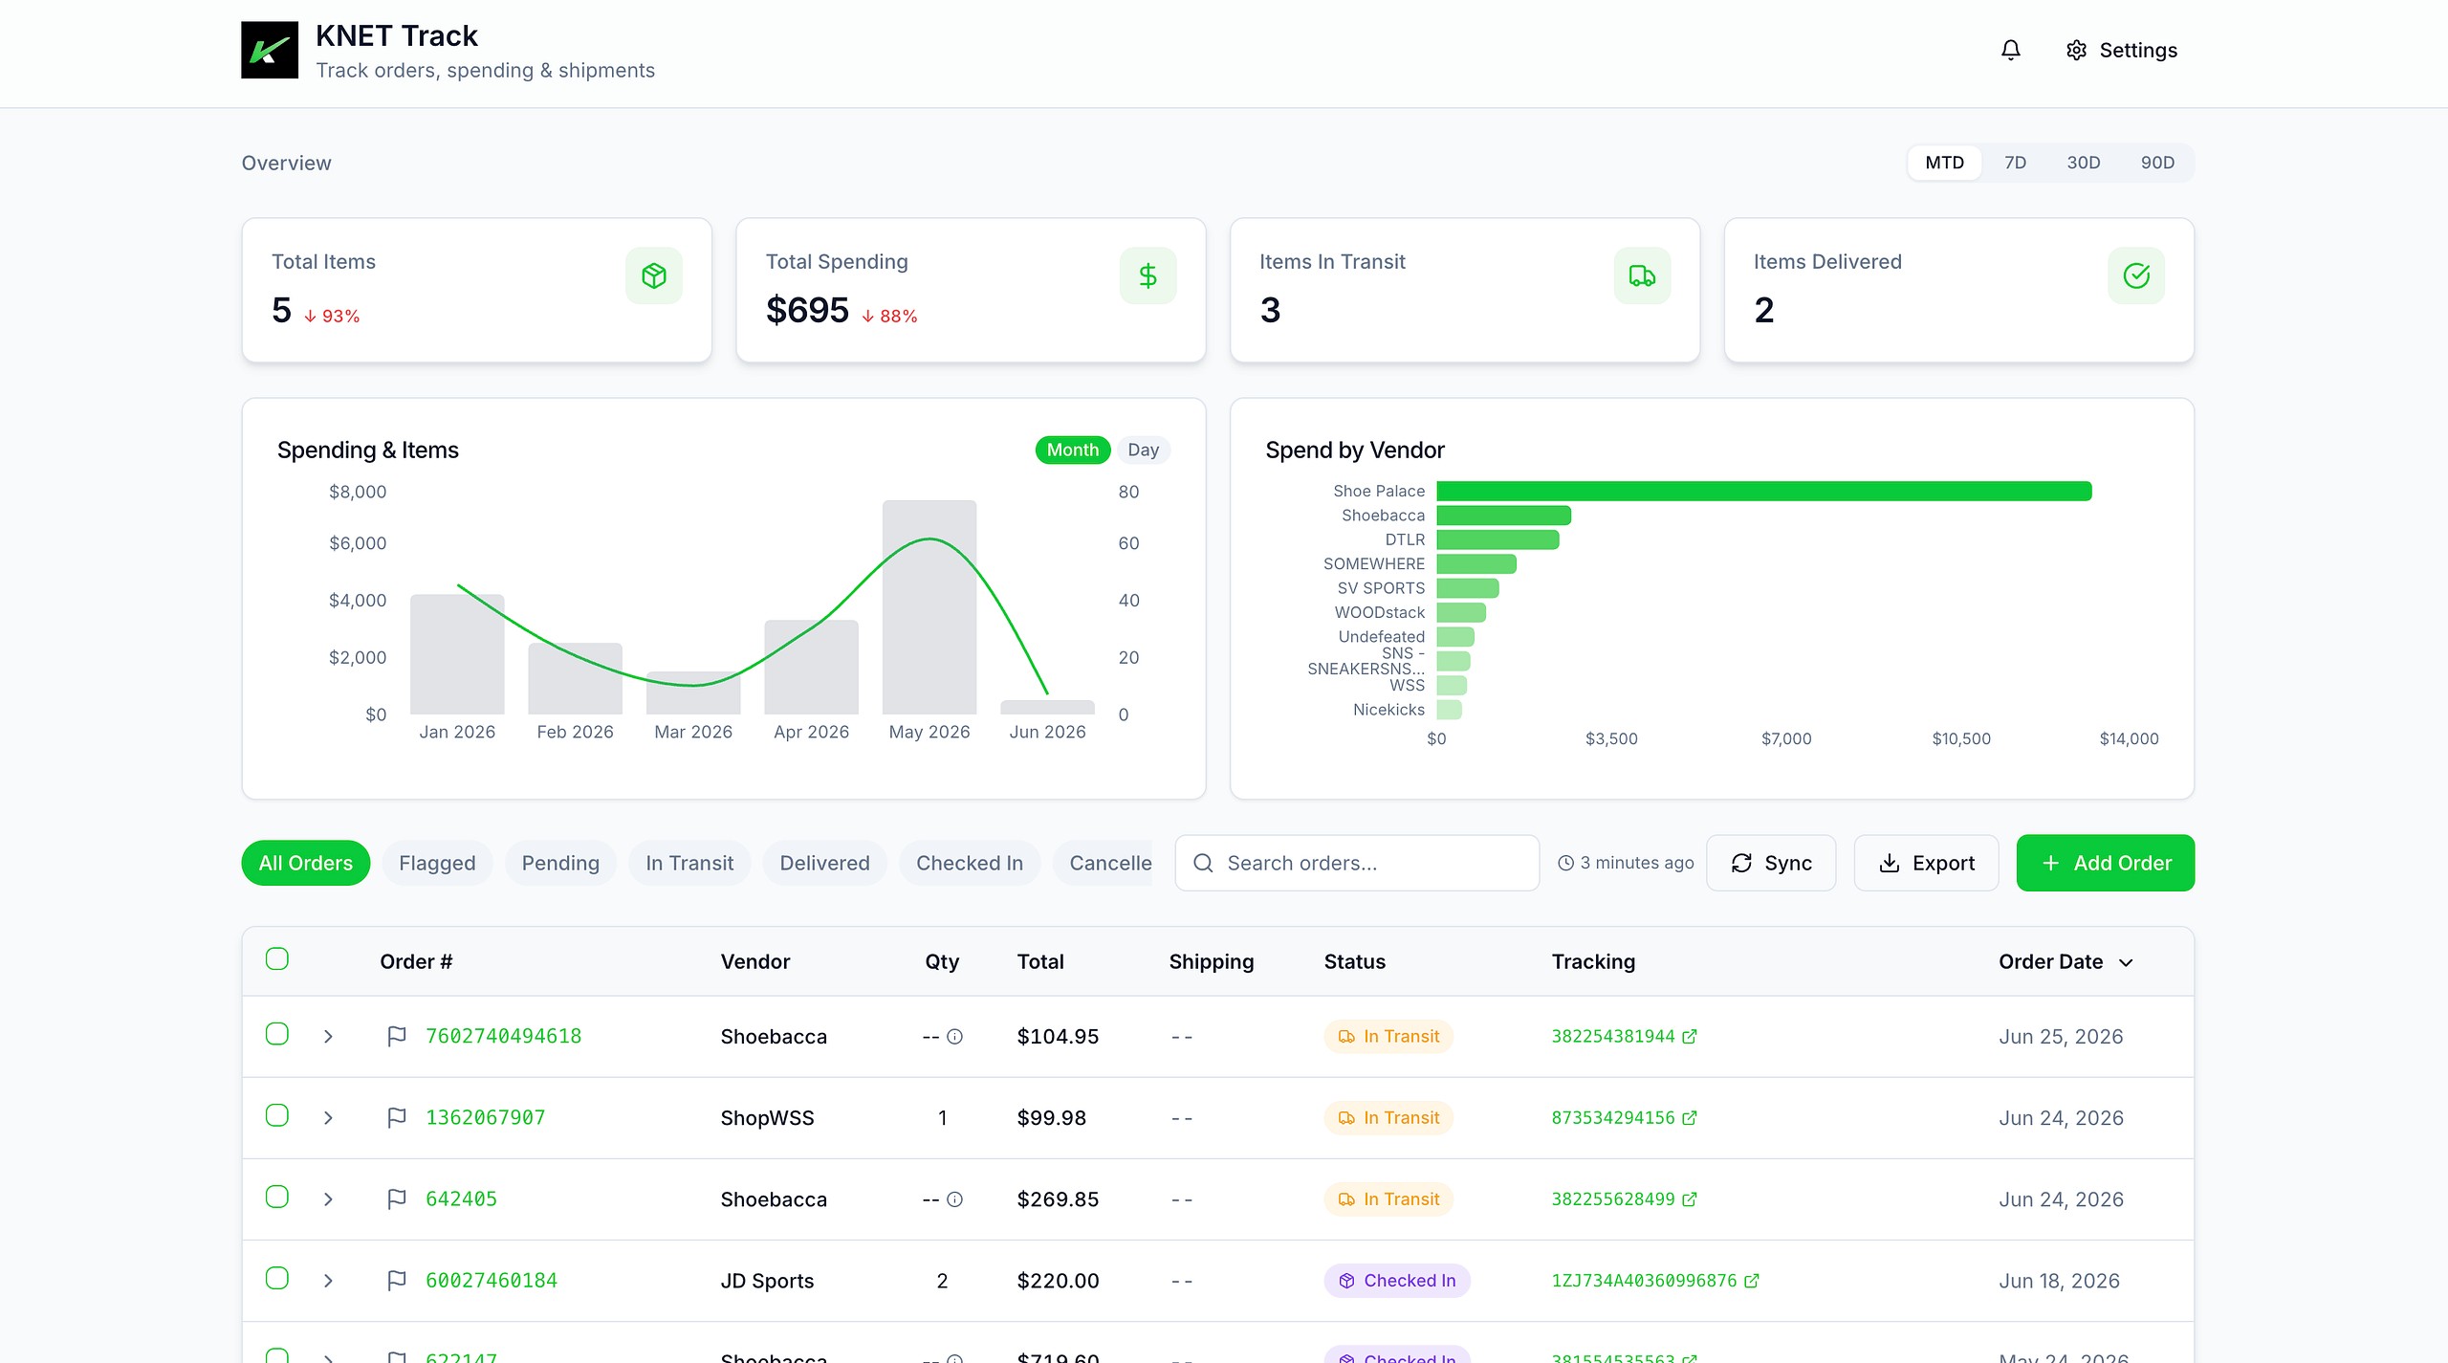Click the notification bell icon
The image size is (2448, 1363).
coord(2011,50)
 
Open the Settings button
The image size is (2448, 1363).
coord(2121,50)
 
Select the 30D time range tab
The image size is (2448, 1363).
coord(2083,163)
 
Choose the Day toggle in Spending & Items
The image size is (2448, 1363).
coord(1143,450)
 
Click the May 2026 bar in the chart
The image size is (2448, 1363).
coord(929,606)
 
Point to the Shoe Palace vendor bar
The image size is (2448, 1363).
coord(1763,491)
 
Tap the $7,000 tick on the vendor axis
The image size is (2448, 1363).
coord(1786,738)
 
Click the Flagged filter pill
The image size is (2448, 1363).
coord(437,863)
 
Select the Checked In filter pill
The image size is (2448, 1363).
coord(970,863)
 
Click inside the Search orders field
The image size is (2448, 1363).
coord(1357,863)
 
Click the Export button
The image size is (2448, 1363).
coord(1926,863)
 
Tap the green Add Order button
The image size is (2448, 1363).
coord(2106,863)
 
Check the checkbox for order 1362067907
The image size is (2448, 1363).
coord(277,1115)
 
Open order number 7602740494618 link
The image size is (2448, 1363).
coord(503,1036)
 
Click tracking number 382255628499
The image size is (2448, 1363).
coord(1613,1198)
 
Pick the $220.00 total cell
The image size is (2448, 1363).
coord(1058,1281)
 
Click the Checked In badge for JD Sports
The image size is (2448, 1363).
coord(1397,1281)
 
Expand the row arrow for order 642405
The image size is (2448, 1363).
coord(328,1199)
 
